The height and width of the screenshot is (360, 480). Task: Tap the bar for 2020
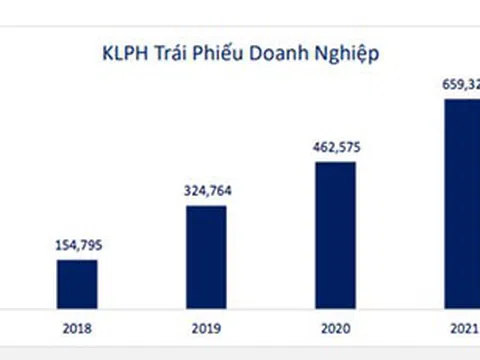[x=335, y=235]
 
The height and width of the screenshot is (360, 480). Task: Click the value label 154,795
[x=77, y=242]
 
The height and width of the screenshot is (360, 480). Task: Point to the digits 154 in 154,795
[x=65, y=242]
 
